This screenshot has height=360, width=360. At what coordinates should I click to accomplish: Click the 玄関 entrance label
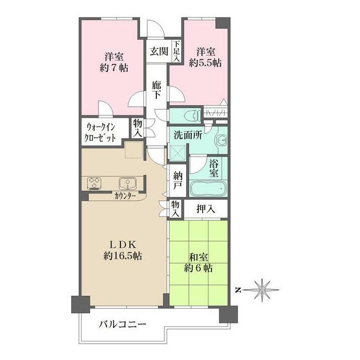coord(159,51)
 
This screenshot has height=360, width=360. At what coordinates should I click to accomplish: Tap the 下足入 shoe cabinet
coord(176,51)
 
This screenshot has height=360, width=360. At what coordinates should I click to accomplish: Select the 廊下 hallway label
coord(156,90)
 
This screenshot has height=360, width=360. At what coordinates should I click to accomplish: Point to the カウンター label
coord(125,196)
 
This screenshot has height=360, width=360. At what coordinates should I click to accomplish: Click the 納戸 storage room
coord(178,181)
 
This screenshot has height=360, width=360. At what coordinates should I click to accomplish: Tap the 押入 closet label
coord(206,209)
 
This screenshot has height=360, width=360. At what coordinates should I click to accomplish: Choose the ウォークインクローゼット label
coord(100,133)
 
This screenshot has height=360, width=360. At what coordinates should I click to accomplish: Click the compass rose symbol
coord(262,290)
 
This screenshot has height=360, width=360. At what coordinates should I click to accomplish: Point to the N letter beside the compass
coord(238,290)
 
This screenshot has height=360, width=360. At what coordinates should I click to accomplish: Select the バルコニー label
coord(123,325)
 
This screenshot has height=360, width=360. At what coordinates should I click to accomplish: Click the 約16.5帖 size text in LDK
coord(123,255)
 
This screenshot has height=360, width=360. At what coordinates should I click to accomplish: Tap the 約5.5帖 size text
coord(205,62)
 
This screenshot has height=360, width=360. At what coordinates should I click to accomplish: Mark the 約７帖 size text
coord(114,67)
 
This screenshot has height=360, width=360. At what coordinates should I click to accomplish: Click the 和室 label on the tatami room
coord(199,258)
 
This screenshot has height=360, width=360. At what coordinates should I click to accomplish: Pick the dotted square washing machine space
coord(134,150)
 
